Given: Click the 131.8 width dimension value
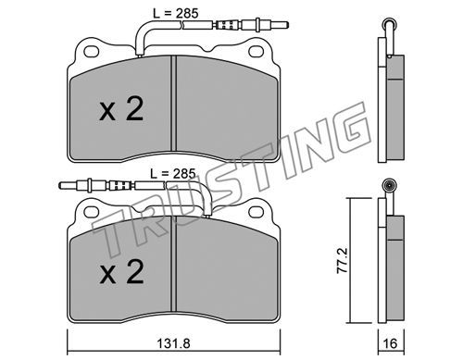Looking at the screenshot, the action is point(173,343).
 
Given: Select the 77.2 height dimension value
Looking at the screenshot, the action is point(342,260).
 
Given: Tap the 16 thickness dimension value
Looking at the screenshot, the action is point(391,343).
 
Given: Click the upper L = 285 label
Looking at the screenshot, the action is point(176,13).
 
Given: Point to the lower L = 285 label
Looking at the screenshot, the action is point(173,174).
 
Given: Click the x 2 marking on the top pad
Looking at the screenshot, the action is point(121,108).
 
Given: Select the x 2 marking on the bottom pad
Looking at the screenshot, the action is point(121,271).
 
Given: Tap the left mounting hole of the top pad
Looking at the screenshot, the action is point(92,52).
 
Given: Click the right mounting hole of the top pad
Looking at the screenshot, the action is point(257,52).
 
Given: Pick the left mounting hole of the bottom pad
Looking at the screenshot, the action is point(92,212).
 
